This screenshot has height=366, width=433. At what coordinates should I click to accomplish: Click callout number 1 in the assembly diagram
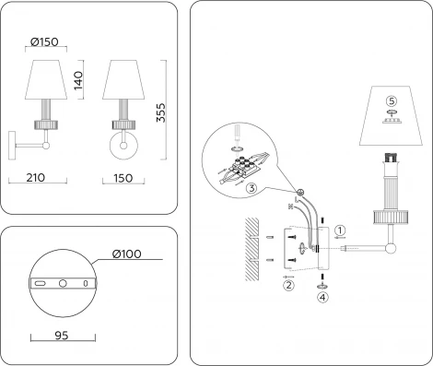(x=339, y=230)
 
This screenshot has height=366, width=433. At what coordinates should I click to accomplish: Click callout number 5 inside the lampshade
(x=391, y=100)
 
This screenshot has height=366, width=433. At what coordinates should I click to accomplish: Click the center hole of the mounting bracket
(x=63, y=282)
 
